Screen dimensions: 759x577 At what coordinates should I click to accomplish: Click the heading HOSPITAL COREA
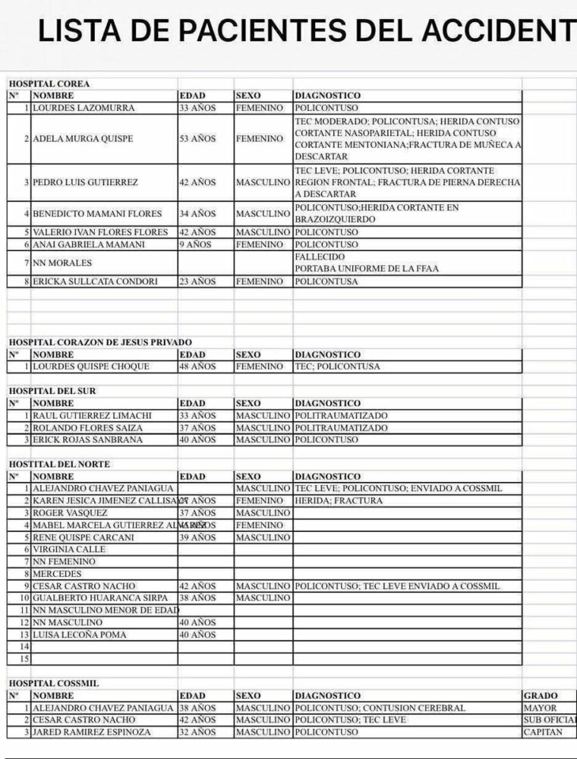49,83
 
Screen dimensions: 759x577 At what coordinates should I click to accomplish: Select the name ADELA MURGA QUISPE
83,139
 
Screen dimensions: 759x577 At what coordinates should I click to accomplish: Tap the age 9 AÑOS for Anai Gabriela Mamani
195,245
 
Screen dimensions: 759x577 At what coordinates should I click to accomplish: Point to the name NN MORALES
62,263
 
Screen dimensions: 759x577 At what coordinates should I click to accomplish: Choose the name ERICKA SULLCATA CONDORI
95,282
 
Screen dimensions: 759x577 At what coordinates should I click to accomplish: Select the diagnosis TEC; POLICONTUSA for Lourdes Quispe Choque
337,367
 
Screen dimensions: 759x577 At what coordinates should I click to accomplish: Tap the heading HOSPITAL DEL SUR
52,391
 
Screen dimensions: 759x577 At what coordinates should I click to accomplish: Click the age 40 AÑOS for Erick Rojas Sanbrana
197,440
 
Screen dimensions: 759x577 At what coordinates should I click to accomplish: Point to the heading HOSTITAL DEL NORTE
59,464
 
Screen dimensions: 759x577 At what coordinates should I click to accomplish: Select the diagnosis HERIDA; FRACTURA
339,501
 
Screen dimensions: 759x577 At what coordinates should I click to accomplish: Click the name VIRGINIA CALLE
69,550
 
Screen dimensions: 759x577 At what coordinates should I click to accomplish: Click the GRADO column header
541,695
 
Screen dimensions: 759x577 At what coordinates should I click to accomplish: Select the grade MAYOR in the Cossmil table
540,708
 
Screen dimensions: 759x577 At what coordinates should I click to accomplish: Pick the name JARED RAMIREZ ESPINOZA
92,732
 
